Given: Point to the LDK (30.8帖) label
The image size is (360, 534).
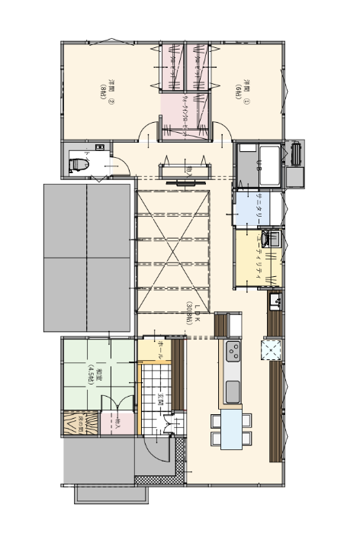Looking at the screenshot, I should pyautogui.click(x=192, y=313).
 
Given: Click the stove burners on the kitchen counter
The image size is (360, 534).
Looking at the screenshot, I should pyautogui.click(x=233, y=352).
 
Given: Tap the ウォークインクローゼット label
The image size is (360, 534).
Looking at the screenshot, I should pyautogui.click(x=185, y=114).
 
